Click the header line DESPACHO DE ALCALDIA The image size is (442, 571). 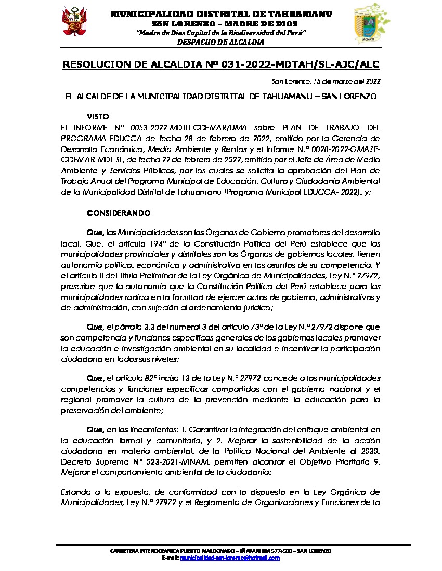click(220, 42)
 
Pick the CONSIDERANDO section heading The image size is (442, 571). click(119, 213)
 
